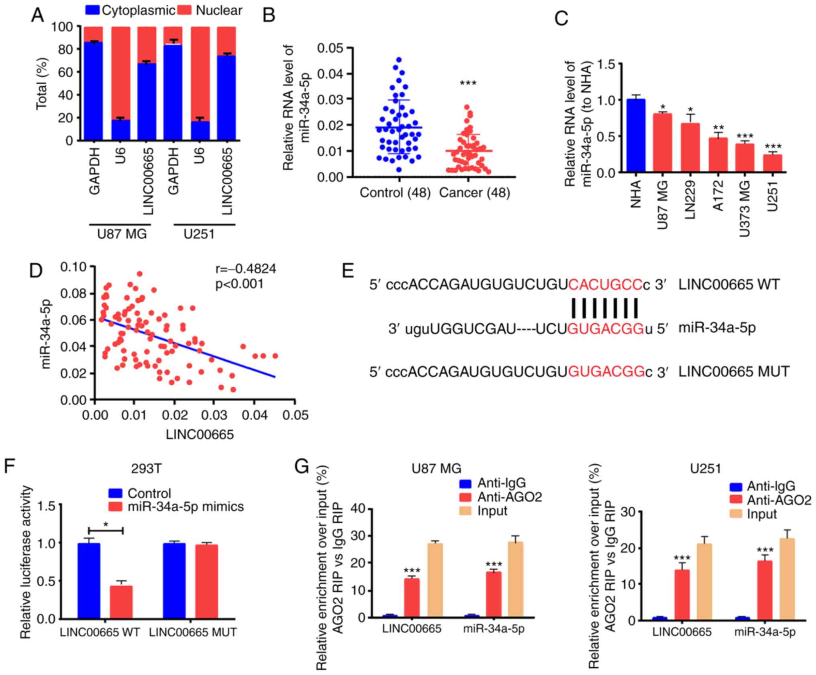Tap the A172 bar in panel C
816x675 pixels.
717,155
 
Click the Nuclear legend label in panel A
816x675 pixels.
219,10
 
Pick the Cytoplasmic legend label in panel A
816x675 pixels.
138,10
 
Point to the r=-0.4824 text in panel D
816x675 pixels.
245,268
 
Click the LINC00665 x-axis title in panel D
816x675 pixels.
200,434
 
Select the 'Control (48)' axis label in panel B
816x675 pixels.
395,193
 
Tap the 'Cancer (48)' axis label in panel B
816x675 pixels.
474,193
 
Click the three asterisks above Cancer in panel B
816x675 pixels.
468,83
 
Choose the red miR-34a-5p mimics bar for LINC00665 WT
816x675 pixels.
121,602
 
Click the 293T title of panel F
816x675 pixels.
146,469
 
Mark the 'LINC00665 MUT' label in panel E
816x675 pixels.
734,371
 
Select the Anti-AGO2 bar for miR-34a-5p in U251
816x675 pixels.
765,590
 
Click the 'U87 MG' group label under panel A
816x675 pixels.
122,234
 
